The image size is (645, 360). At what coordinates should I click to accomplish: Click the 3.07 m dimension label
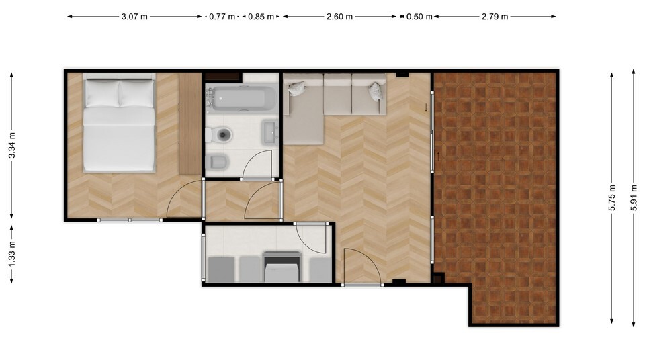[134, 17]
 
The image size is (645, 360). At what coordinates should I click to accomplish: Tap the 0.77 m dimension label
[222, 17]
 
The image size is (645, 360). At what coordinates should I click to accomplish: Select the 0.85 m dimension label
[261, 17]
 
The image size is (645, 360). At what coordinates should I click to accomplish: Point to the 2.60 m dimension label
[339, 17]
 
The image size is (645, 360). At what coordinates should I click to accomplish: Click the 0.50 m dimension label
[419, 17]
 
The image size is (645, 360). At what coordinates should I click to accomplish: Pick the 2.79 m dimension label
[495, 17]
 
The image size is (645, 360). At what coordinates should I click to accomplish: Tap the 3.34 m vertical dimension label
[12, 145]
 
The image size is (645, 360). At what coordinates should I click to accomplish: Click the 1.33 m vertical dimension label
[12, 253]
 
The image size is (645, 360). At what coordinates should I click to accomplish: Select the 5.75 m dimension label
[612, 198]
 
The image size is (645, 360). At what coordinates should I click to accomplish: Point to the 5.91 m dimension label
[634, 198]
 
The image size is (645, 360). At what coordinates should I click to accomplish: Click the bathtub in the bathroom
[241, 98]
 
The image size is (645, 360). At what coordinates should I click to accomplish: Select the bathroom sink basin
[270, 132]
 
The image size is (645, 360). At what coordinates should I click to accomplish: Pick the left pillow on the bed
[102, 93]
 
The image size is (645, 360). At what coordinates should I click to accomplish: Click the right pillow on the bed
[136, 93]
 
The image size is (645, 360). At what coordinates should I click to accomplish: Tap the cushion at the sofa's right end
[376, 91]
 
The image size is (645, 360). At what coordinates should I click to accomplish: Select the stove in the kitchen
[282, 266]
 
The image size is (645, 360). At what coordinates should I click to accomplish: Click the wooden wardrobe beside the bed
[189, 124]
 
